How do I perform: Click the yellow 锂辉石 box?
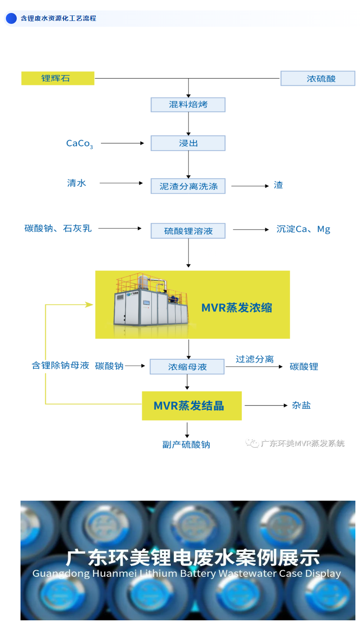click(x=58, y=78)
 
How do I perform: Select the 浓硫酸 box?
click(x=318, y=79)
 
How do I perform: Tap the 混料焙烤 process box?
click(x=188, y=105)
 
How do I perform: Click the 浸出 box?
click(x=188, y=143)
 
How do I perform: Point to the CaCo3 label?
click(x=80, y=143)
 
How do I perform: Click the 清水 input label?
click(x=77, y=183)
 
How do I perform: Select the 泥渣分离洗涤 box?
click(x=188, y=186)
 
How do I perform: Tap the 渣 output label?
click(x=278, y=185)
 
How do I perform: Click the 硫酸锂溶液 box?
click(x=188, y=231)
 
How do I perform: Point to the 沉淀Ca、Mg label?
click(x=303, y=229)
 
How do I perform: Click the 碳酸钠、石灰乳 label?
click(x=58, y=228)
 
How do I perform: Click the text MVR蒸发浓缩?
click(x=237, y=308)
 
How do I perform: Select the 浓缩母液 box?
click(x=187, y=367)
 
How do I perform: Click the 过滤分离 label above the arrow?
click(x=255, y=359)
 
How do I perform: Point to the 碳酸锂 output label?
click(x=304, y=367)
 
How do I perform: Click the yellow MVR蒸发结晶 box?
click(x=192, y=406)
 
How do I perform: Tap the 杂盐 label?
click(x=301, y=405)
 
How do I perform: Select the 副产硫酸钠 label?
click(x=186, y=445)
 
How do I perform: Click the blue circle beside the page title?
click(x=11, y=18)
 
